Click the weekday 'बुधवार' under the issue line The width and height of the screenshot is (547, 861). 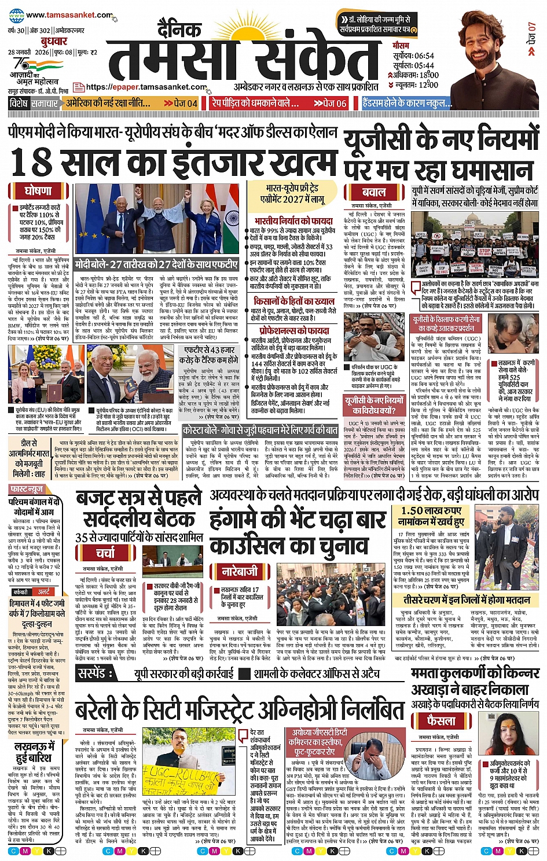click(54, 42)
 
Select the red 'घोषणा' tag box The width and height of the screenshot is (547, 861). click(38, 190)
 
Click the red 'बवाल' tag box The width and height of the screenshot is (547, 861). click(374, 192)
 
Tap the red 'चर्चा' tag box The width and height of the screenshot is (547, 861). click(105, 553)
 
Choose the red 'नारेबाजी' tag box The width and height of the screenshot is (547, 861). click(240, 572)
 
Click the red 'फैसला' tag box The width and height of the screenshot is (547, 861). click(441, 721)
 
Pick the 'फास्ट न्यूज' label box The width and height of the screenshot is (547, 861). click(27, 490)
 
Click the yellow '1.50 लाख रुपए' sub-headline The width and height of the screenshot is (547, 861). click(431, 511)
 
